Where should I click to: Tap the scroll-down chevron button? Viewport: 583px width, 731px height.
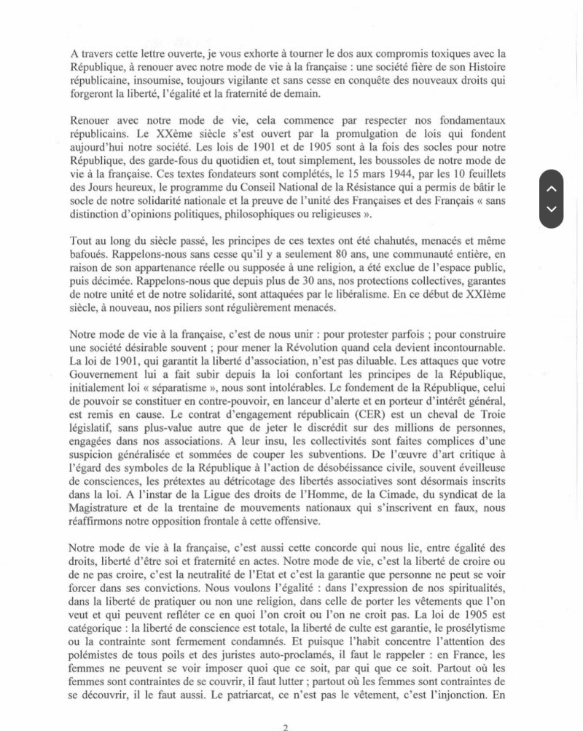click(552, 209)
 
